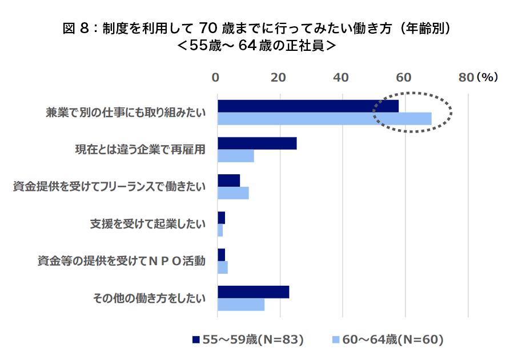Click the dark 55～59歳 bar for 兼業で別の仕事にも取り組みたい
[308, 106]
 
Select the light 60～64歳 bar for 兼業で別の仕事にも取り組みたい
[324, 118]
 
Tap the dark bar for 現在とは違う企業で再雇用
[257, 143]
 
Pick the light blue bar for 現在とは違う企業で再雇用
[235, 155]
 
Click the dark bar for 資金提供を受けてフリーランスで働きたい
[228, 181]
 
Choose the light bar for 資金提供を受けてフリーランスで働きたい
[233, 193]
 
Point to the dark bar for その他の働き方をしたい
[253, 291]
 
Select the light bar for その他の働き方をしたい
[241, 305]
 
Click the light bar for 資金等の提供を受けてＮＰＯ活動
[223, 267]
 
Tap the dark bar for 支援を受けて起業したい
[221, 218]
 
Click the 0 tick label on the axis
[216, 78]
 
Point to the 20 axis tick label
[278, 78]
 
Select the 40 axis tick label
[341, 78]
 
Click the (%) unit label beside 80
[487, 78]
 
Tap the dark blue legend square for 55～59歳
[196, 339]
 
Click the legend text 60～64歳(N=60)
[393, 339]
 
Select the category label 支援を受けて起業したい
[147, 224]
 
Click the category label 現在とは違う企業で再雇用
[140, 150]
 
